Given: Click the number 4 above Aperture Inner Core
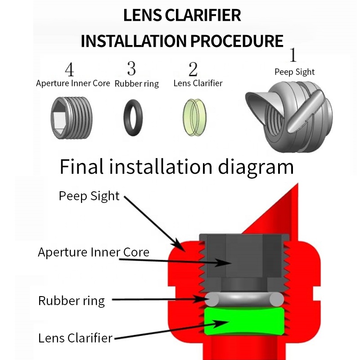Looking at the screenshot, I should pyautogui.click(x=69, y=70).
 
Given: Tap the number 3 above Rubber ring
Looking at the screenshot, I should pyautogui.click(x=131, y=68).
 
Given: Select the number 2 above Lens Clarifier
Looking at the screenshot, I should pyautogui.click(x=193, y=69).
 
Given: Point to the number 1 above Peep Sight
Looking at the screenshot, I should pyautogui.click(x=293, y=55).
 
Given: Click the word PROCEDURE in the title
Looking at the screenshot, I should pyautogui.click(x=236, y=41).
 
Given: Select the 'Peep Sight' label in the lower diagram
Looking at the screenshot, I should pyautogui.click(x=89, y=196).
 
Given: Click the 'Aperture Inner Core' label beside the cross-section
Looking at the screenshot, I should pyautogui.click(x=93, y=252).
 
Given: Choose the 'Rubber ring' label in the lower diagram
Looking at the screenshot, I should pyautogui.click(x=72, y=301).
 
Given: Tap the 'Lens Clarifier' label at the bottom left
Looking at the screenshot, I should pyautogui.click(x=75, y=337).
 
